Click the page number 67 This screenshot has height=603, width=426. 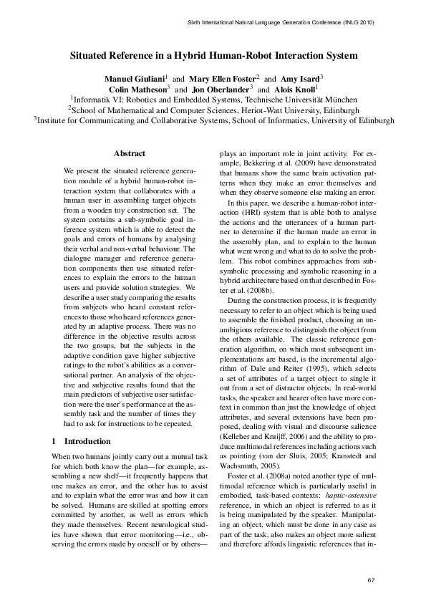371,579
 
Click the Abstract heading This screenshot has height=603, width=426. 130,153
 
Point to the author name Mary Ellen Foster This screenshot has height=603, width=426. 223,77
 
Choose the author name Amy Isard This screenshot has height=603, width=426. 300,77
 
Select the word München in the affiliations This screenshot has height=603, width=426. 342,100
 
